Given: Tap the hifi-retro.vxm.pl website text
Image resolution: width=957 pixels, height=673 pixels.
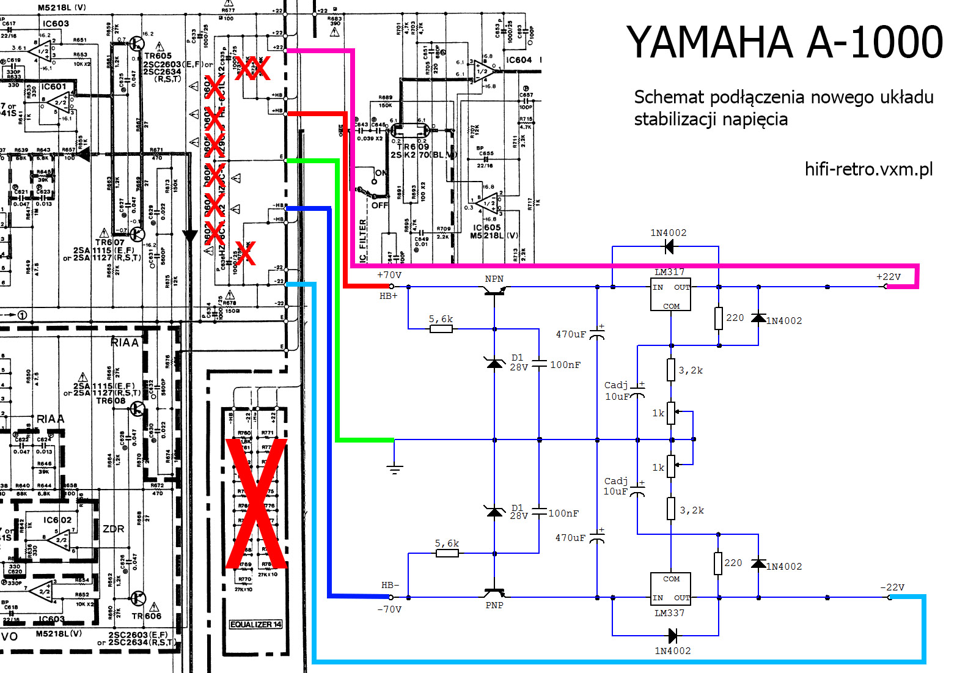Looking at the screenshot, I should tap(868, 169).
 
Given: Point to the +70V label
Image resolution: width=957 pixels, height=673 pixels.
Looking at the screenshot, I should tap(389, 275).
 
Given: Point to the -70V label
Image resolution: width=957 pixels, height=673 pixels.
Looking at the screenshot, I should tap(389, 609).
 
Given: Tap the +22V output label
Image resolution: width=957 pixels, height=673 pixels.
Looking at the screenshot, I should tap(889, 277).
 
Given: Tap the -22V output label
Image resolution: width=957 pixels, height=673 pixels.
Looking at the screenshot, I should tap(892, 587).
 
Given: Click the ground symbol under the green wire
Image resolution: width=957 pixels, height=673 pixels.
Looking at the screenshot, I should tap(395, 469).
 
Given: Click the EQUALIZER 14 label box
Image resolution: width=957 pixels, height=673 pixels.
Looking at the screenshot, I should tap(255, 624).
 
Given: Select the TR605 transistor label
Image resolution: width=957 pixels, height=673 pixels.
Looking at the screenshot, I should tap(158, 56).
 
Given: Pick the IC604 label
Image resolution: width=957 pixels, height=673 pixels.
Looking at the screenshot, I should tap(519, 60).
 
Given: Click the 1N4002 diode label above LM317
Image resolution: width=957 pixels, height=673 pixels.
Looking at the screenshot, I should tap(668, 233).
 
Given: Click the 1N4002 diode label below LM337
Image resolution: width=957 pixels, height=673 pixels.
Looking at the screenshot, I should tap(672, 651).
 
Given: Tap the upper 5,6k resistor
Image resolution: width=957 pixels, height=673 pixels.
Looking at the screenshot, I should tap(441, 328).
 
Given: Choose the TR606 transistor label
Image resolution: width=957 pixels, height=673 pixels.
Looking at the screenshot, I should tap(146, 616).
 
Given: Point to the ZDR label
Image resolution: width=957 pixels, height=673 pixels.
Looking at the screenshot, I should tap(114, 529).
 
